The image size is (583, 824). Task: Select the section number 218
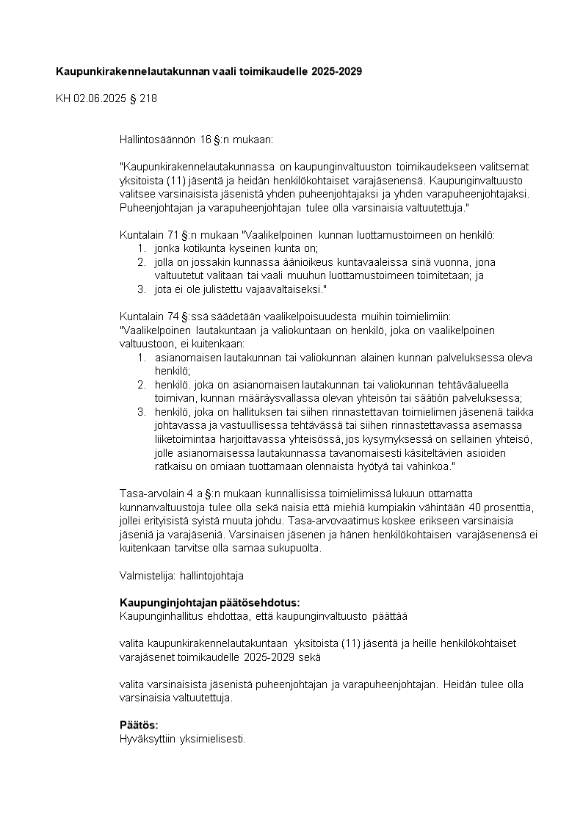[148, 98]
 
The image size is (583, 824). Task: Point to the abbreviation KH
[63, 98]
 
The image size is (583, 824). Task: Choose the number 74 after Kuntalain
[173, 317]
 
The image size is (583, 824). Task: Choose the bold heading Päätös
[139, 725]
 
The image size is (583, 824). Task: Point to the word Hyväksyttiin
[149, 738]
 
